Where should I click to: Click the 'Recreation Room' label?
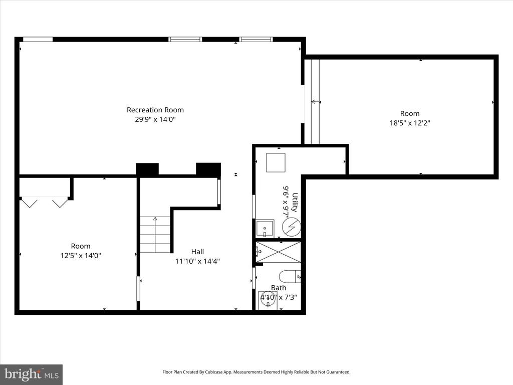pos(155,110)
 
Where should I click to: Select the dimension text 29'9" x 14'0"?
pos(155,119)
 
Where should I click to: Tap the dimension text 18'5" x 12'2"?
pos(409,123)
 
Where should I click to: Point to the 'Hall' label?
pos(197,252)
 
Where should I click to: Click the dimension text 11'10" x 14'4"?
pos(197,261)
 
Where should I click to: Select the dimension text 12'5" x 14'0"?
pos(80,255)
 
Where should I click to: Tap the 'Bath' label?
pos(279,288)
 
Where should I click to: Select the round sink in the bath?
pos(268,300)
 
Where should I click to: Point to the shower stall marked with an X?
pos(279,252)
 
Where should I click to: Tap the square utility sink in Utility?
pos(265,228)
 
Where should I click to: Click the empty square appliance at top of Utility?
pos(275,162)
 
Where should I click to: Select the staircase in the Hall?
pos(155,235)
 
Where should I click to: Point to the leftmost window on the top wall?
pos(38,40)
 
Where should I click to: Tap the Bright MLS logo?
pos(31,374)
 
